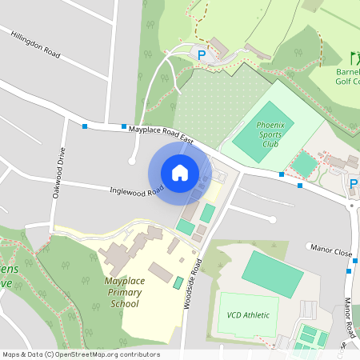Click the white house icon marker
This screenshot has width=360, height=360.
tap(180, 173)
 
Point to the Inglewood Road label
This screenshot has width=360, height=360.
tap(137, 190)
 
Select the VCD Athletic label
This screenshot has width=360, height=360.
tap(248, 314)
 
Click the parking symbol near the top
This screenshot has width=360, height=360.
tap(202, 55)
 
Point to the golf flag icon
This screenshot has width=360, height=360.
tap(354, 58)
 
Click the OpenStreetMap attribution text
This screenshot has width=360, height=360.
tap(81, 354)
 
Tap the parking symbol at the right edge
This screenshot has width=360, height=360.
tap(354, 185)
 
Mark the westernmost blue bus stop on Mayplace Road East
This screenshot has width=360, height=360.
tap(84, 126)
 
